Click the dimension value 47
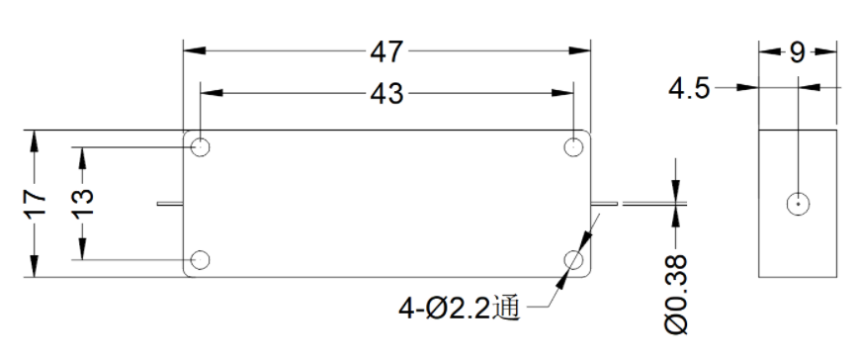386,51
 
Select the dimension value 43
386,94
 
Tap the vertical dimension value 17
35,204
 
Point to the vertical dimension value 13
83,204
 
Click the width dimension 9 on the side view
798,52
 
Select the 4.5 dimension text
689,89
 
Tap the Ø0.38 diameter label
676,295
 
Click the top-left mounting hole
201,146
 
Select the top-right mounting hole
573,146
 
